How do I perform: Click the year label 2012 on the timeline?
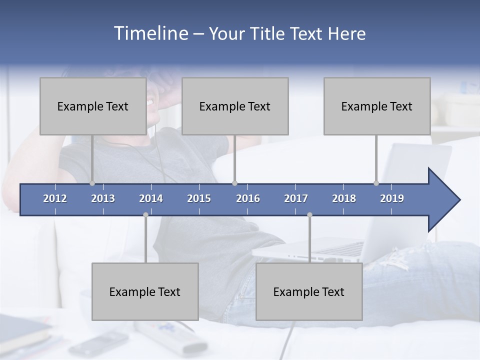click(x=55, y=198)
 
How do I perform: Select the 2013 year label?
click(x=103, y=198)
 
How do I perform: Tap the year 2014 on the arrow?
click(x=151, y=198)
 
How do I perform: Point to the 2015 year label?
click(x=199, y=198)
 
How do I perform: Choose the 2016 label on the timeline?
click(x=248, y=198)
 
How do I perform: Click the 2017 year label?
click(x=296, y=198)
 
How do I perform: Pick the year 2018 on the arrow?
click(x=344, y=198)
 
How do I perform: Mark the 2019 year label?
click(x=392, y=198)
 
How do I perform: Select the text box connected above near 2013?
click(x=93, y=106)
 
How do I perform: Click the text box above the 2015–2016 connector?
click(x=235, y=106)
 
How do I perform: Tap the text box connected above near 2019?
click(x=377, y=106)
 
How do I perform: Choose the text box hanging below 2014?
click(x=145, y=291)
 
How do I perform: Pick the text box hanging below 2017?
click(x=309, y=291)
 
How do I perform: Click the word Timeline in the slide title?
click(x=150, y=33)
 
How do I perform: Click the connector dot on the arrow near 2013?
click(x=92, y=183)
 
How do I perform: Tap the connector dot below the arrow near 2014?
click(x=145, y=214)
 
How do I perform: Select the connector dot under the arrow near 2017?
click(x=309, y=214)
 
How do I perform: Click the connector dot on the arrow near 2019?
click(x=376, y=183)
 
